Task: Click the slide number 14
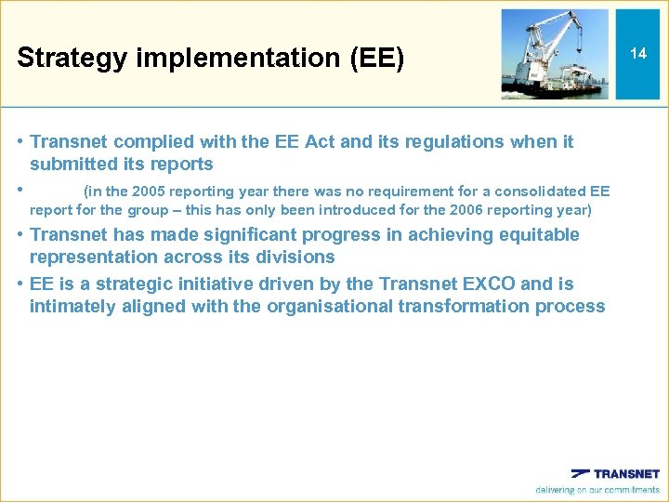point(638,53)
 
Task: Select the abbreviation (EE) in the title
point(375,59)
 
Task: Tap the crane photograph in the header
point(556,53)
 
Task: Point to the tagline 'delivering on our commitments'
point(597,490)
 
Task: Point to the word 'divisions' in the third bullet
point(297,257)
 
